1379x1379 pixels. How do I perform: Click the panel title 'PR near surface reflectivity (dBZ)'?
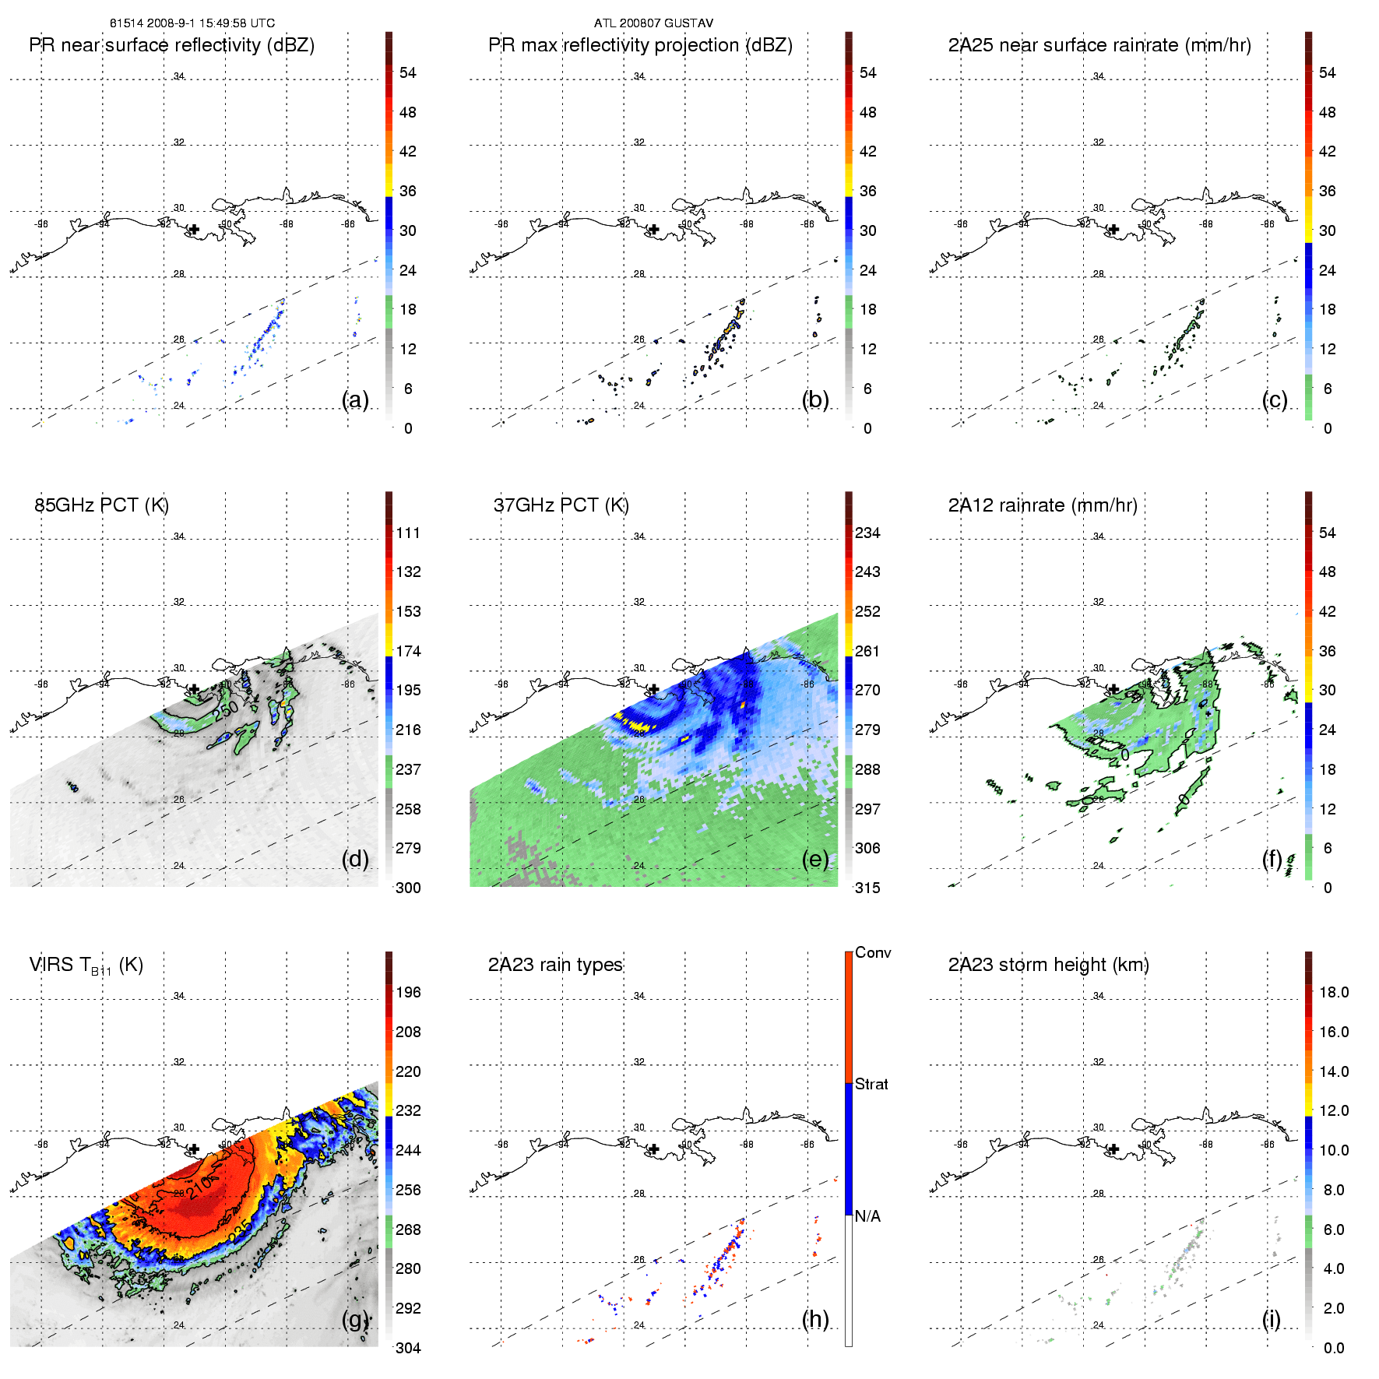click(171, 45)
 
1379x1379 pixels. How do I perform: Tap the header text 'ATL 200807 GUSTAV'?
click(653, 23)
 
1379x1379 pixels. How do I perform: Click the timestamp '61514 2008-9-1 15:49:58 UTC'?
click(192, 23)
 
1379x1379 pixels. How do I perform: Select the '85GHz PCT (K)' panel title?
click(101, 505)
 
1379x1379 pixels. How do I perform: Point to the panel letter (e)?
click(814, 859)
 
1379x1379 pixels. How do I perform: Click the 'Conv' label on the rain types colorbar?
click(872, 952)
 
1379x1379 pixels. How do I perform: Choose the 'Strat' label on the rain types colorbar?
click(871, 1084)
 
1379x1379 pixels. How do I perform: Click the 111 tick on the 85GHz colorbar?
click(408, 533)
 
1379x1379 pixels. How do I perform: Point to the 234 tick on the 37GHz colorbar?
click(867, 533)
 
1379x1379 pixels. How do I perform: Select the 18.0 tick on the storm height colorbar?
click(1333, 992)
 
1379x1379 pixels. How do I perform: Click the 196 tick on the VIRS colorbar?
click(408, 992)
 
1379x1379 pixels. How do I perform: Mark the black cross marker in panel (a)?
click(194, 229)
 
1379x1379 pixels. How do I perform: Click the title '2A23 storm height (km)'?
click(1048, 965)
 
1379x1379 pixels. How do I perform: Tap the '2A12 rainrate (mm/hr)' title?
click(1043, 505)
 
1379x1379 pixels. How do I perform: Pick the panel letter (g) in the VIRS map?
click(355, 1318)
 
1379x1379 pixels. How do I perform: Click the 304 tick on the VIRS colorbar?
click(408, 1348)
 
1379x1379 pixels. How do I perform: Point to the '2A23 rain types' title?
click(555, 965)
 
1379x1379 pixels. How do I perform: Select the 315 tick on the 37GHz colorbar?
click(867, 888)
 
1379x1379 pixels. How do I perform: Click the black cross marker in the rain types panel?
click(654, 1149)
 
